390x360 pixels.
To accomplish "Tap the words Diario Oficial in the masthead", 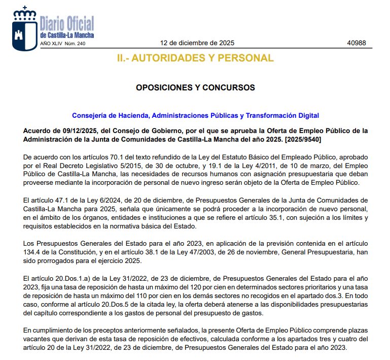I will click(67, 23).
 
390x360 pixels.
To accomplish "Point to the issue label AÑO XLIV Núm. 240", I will click(63, 44).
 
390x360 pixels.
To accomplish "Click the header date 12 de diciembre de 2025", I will click(197, 43).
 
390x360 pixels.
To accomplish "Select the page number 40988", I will click(356, 43).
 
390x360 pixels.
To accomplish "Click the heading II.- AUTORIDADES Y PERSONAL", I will click(195, 58).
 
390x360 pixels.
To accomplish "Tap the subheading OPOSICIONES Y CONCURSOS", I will click(195, 87).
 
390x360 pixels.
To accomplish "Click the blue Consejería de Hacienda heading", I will click(195, 116).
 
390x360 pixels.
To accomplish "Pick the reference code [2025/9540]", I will click(302, 139).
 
